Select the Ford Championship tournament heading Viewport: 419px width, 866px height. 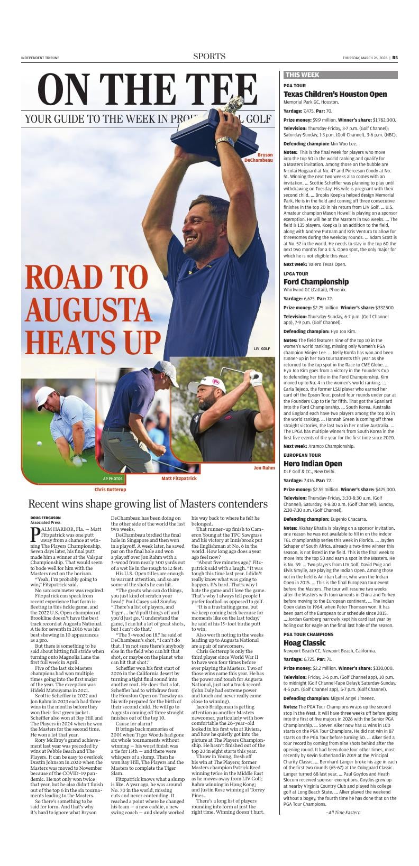(316, 282)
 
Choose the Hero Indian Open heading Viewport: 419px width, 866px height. (313, 464)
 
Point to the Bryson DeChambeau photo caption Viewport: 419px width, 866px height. (259, 158)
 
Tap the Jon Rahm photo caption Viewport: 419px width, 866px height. (264, 468)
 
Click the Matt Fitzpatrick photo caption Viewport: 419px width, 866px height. (179, 478)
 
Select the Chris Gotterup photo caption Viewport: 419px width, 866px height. (110, 490)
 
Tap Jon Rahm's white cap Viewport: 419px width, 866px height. (205, 384)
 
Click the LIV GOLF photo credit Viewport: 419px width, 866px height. (262, 349)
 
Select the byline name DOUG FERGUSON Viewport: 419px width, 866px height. (45, 518)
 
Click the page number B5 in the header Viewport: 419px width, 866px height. (395, 58)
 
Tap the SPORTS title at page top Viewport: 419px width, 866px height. (209, 57)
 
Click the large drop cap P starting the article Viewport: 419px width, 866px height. (35, 535)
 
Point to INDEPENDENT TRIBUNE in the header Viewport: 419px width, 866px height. (40, 58)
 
